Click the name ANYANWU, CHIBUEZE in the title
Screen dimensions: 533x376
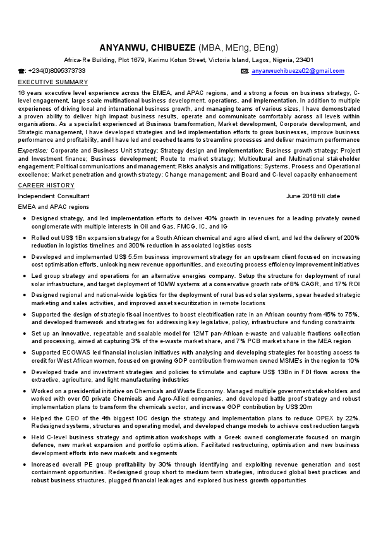pyautogui.click(x=148, y=48)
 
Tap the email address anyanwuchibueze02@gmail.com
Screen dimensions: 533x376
pyautogui.click(x=298, y=71)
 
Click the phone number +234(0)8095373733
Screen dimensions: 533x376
pyautogui.click(x=57, y=71)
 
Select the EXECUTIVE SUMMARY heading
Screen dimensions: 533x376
pyautogui.click(x=53, y=82)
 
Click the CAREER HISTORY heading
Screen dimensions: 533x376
pyautogui.click(x=46, y=185)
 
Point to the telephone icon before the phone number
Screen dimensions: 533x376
pyautogui.click(x=21, y=71)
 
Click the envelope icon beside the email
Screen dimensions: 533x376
pyautogui.click(x=245, y=71)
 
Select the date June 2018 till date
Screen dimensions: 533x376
pyautogui.click(x=313, y=196)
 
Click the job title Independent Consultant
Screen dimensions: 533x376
pyautogui.click(x=54, y=196)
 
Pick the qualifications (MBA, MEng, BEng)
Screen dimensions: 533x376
pyautogui.click(x=238, y=48)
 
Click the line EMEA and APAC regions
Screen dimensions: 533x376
pyautogui.click(x=54, y=207)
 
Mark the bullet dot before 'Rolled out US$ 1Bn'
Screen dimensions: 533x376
pyautogui.click(x=24, y=238)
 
